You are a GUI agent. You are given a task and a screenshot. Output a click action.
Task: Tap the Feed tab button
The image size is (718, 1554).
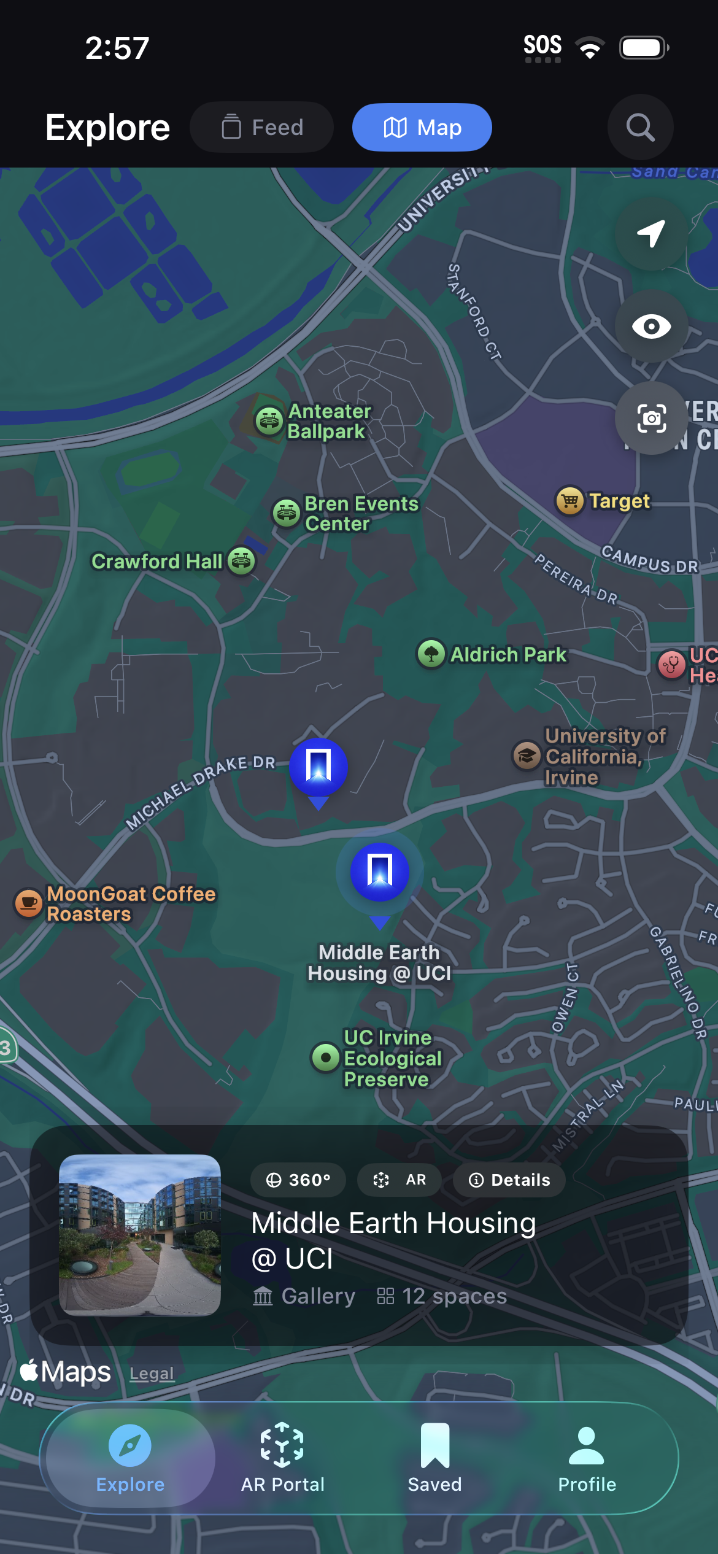[262, 128]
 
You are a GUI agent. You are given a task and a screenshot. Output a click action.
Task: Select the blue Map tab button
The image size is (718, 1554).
[422, 128]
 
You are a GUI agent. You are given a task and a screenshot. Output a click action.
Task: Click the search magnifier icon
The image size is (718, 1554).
[640, 128]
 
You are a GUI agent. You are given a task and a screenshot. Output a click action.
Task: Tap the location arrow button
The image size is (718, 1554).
[651, 234]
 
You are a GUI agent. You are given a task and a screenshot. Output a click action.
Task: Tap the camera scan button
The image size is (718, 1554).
[651, 419]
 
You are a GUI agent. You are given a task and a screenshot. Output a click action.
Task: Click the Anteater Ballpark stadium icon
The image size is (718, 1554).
[269, 421]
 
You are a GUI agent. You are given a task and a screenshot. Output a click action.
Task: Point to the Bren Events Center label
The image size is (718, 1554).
[361, 514]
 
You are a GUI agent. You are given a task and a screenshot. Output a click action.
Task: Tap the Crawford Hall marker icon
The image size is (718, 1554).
[241, 561]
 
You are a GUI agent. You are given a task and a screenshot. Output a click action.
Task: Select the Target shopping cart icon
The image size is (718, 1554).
[569, 501]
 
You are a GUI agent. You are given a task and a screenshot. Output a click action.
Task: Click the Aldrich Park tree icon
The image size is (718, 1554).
[431, 653]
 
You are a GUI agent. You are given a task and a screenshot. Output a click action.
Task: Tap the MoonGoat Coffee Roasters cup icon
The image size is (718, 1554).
[28, 903]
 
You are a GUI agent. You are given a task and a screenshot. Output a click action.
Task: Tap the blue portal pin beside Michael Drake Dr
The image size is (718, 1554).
[318, 767]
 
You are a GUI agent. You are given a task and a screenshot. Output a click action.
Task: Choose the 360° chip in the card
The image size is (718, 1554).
[298, 1180]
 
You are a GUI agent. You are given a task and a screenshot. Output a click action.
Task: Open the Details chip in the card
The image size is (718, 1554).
[509, 1180]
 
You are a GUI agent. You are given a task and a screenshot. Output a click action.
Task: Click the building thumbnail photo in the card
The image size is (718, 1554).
[140, 1235]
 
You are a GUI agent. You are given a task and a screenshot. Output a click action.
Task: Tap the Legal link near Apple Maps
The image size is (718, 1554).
[152, 1374]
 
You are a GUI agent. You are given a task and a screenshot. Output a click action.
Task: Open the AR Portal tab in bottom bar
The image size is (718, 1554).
[282, 1458]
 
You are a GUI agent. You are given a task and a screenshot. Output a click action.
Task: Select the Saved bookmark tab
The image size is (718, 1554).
[434, 1458]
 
